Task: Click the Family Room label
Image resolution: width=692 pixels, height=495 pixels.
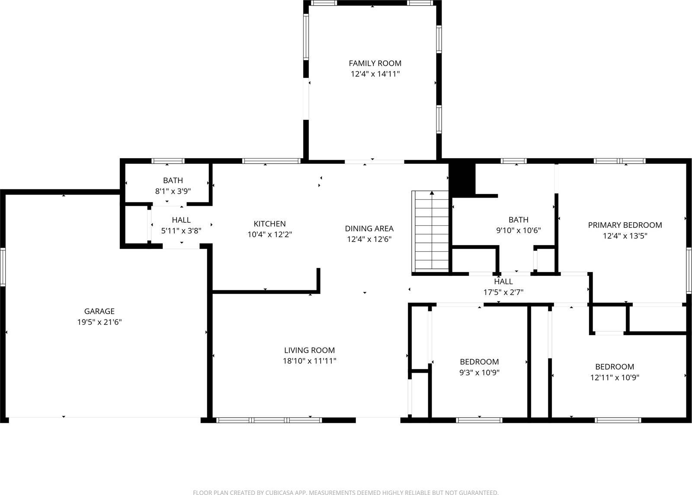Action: pyautogui.click(x=375, y=63)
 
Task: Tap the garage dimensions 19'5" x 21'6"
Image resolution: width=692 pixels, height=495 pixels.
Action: pyautogui.click(x=99, y=322)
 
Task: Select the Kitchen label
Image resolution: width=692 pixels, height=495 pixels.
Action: pyautogui.click(x=269, y=224)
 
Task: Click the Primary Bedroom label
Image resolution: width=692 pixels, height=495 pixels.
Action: pyautogui.click(x=625, y=225)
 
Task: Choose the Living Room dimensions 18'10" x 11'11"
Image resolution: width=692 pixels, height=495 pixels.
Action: pyautogui.click(x=309, y=361)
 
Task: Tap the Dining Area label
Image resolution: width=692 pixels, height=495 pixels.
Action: pyautogui.click(x=369, y=228)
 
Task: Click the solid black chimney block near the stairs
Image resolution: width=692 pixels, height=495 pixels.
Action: pyautogui.click(x=462, y=179)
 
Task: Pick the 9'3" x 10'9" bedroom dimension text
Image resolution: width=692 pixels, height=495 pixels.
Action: pyautogui.click(x=479, y=373)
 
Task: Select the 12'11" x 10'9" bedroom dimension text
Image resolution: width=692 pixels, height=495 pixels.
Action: pyautogui.click(x=615, y=377)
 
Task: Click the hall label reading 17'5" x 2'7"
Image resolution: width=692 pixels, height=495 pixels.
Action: pyautogui.click(x=503, y=292)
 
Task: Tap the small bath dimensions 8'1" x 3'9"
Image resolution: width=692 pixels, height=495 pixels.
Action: pyautogui.click(x=173, y=191)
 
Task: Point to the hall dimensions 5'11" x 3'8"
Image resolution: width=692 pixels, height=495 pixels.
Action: pyautogui.click(x=181, y=231)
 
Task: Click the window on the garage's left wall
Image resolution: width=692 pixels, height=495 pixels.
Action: pyautogui.click(x=3, y=266)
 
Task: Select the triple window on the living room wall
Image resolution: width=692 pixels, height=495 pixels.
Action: pyautogui.click(x=269, y=420)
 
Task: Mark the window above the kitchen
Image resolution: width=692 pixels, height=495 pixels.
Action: pyautogui.click(x=271, y=161)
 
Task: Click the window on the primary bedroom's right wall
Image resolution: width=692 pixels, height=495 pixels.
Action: pyautogui.click(x=689, y=271)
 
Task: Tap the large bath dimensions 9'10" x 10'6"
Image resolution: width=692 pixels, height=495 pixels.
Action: pyautogui.click(x=518, y=231)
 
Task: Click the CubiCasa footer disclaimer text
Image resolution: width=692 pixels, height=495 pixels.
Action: pyautogui.click(x=346, y=492)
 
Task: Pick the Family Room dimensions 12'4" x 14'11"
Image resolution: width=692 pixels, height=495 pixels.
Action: pyautogui.click(x=375, y=74)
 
